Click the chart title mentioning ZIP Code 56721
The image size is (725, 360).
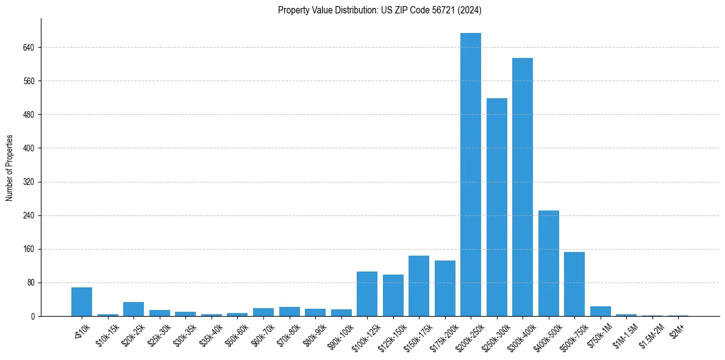[380, 10]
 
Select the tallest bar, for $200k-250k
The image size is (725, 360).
[471, 175]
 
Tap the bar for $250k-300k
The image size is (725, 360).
[496, 207]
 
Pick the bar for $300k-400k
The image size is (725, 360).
[523, 187]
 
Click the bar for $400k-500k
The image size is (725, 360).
[548, 264]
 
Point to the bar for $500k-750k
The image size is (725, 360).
[574, 284]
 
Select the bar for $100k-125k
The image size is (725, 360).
[367, 294]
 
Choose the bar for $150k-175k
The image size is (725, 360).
[419, 286]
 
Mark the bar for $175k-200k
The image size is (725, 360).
[445, 289]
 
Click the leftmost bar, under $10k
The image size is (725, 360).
[82, 302]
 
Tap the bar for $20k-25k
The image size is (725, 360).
[134, 309]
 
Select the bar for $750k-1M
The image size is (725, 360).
[600, 311]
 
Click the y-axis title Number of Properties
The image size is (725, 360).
[10, 167]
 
